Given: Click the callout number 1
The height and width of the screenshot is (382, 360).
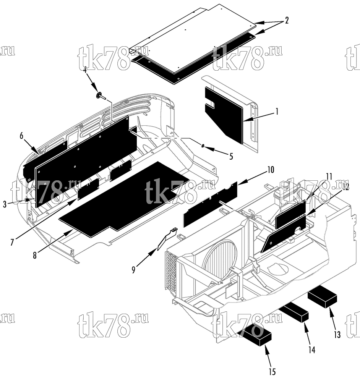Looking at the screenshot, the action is coord(277,112).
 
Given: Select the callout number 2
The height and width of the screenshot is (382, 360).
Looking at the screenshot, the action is coord(287,20).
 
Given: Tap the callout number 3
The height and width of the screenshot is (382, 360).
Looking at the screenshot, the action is coord(5,204).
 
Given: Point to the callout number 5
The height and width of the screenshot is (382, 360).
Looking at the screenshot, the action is coord(231,156).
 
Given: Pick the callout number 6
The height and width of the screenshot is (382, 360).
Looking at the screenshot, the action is coord(21,136).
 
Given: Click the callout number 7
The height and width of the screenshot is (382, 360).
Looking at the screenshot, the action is coord(12,242).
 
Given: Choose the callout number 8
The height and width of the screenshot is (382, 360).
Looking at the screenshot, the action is coord(35,255).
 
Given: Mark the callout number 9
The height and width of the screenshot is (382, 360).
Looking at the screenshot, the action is coord(133,270).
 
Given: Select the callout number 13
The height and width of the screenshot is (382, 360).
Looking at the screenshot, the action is coord(337,335).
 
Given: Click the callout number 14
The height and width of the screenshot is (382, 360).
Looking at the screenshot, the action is coord(312,350).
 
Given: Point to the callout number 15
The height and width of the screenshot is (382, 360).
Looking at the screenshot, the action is coord(272,372).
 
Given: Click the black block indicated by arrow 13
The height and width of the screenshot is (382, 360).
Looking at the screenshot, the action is coord(323,297).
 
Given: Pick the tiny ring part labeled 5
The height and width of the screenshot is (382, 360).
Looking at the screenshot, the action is coord(203,146).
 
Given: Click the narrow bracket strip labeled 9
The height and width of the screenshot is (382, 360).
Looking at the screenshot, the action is coord(167,239).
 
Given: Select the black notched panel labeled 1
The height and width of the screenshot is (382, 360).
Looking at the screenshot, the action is coord(224,115).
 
